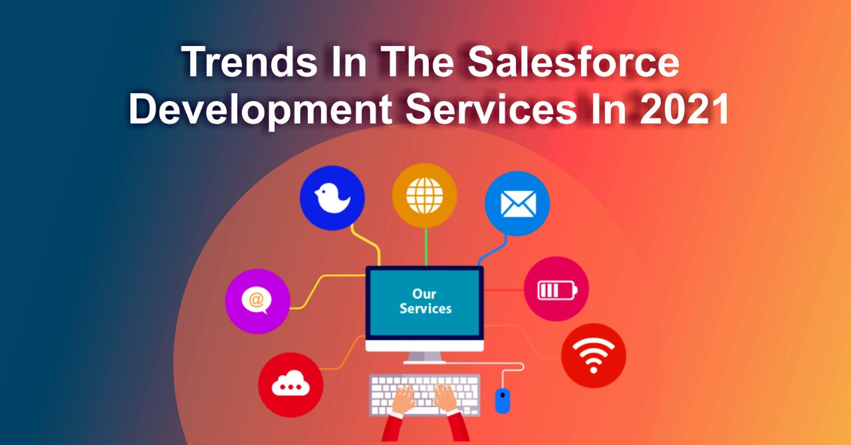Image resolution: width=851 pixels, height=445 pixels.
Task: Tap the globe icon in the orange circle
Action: [x=425, y=196]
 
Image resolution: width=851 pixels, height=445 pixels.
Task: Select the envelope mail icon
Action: [x=518, y=204]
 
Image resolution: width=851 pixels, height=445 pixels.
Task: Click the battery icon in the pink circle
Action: [x=557, y=290]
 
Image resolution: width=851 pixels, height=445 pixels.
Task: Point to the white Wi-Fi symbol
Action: [x=594, y=356]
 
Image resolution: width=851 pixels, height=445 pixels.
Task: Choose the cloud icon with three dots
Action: [x=291, y=383]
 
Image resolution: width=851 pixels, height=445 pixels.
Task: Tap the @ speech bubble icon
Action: [x=257, y=301]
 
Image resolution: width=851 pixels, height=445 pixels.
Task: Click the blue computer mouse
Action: [x=502, y=400]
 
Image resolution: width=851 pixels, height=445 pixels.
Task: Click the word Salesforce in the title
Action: [x=573, y=62]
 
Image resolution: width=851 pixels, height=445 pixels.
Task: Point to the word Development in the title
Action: [x=261, y=110]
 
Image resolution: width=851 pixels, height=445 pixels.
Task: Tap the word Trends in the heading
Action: [x=249, y=62]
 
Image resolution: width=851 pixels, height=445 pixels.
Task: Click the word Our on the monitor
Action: [x=424, y=294]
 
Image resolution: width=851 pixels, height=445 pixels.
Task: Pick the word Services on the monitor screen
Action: [x=425, y=309]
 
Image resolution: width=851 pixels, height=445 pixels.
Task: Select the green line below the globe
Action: [x=426, y=247]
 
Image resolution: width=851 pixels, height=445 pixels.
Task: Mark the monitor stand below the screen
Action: [x=424, y=358]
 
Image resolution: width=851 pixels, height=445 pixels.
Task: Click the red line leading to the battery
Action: [x=504, y=290]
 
